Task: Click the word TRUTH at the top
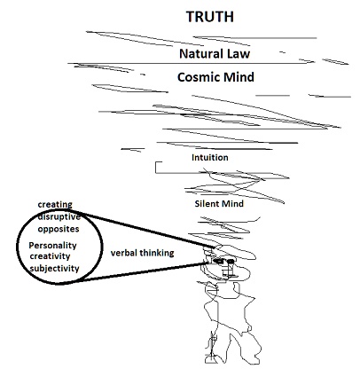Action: [x=210, y=17]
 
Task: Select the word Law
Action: [x=239, y=53]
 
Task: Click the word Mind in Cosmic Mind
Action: [x=239, y=77]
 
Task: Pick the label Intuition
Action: [x=210, y=157]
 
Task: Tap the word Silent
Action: [x=205, y=204]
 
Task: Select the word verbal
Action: [x=124, y=253]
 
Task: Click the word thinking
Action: [x=157, y=253]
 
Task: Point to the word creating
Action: [x=55, y=205]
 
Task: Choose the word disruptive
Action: [x=59, y=217]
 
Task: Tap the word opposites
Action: [x=59, y=230]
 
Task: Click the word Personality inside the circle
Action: [x=52, y=246]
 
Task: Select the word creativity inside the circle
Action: [x=50, y=256]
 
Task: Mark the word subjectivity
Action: [x=55, y=269]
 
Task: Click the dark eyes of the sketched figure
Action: [x=223, y=261]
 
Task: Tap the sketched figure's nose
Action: [x=228, y=269]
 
